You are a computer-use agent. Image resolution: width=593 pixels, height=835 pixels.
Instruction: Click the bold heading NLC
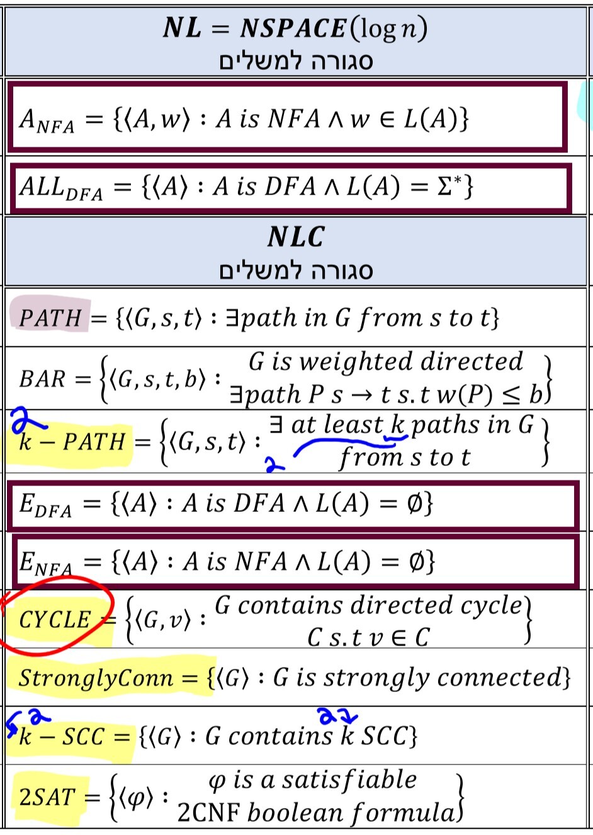click(296, 237)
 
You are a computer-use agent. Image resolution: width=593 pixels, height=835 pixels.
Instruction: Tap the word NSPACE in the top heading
click(293, 28)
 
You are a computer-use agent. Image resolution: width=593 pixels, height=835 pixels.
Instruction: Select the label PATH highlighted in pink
click(50, 317)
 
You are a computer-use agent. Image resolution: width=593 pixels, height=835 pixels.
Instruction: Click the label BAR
click(42, 379)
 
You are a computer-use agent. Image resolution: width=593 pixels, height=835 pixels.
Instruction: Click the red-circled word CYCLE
click(55, 620)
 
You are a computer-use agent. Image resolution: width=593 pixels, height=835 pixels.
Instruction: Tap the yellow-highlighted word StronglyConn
click(96, 678)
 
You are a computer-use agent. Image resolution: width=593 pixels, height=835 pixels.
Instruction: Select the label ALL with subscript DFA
click(60, 188)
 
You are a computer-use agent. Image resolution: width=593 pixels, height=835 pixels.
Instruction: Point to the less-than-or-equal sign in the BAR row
click(514, 395)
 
